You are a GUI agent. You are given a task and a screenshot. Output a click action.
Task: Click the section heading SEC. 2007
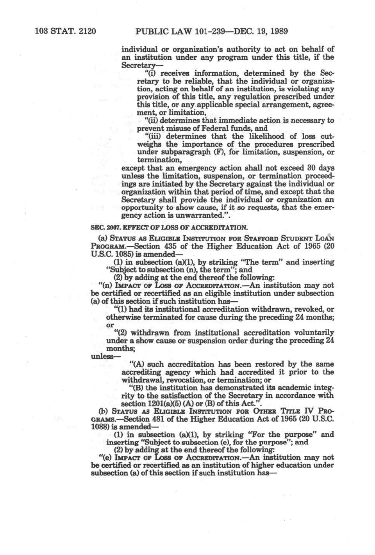[x=103, y=227]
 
